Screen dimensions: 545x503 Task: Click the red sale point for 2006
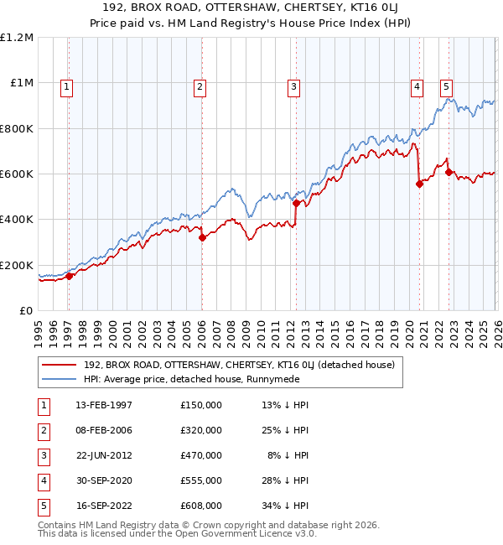point(202,238)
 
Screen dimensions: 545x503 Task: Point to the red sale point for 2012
point(296,203)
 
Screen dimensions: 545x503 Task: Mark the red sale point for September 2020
point(419,184)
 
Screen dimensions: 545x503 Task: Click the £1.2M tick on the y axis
point(17,38)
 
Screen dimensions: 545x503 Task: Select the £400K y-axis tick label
point(17,220)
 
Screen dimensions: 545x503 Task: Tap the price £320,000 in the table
point(201,430)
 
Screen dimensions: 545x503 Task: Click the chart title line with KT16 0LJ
point(251,11)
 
